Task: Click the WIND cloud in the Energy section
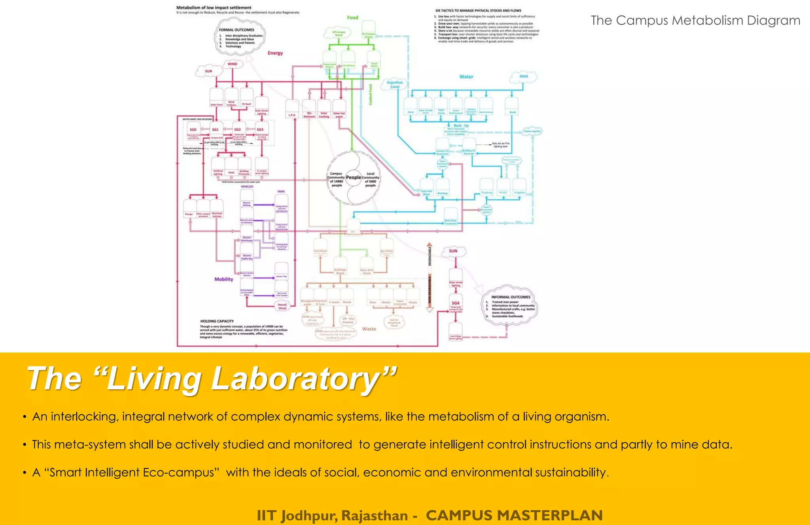232,64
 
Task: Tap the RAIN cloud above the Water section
524,76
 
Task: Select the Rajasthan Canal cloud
395,85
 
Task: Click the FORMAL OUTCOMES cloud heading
237,30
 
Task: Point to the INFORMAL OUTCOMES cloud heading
511,297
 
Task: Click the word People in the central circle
354,177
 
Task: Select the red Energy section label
275,53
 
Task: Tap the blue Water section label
466,77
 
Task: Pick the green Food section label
352,17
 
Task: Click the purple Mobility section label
224,279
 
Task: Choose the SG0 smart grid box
193,130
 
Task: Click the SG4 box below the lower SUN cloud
456,303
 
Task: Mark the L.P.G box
292,115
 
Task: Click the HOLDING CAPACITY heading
217,321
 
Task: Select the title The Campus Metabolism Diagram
695,20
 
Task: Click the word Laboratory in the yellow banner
295,379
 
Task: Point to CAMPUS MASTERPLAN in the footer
514,516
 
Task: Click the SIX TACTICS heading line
478,11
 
